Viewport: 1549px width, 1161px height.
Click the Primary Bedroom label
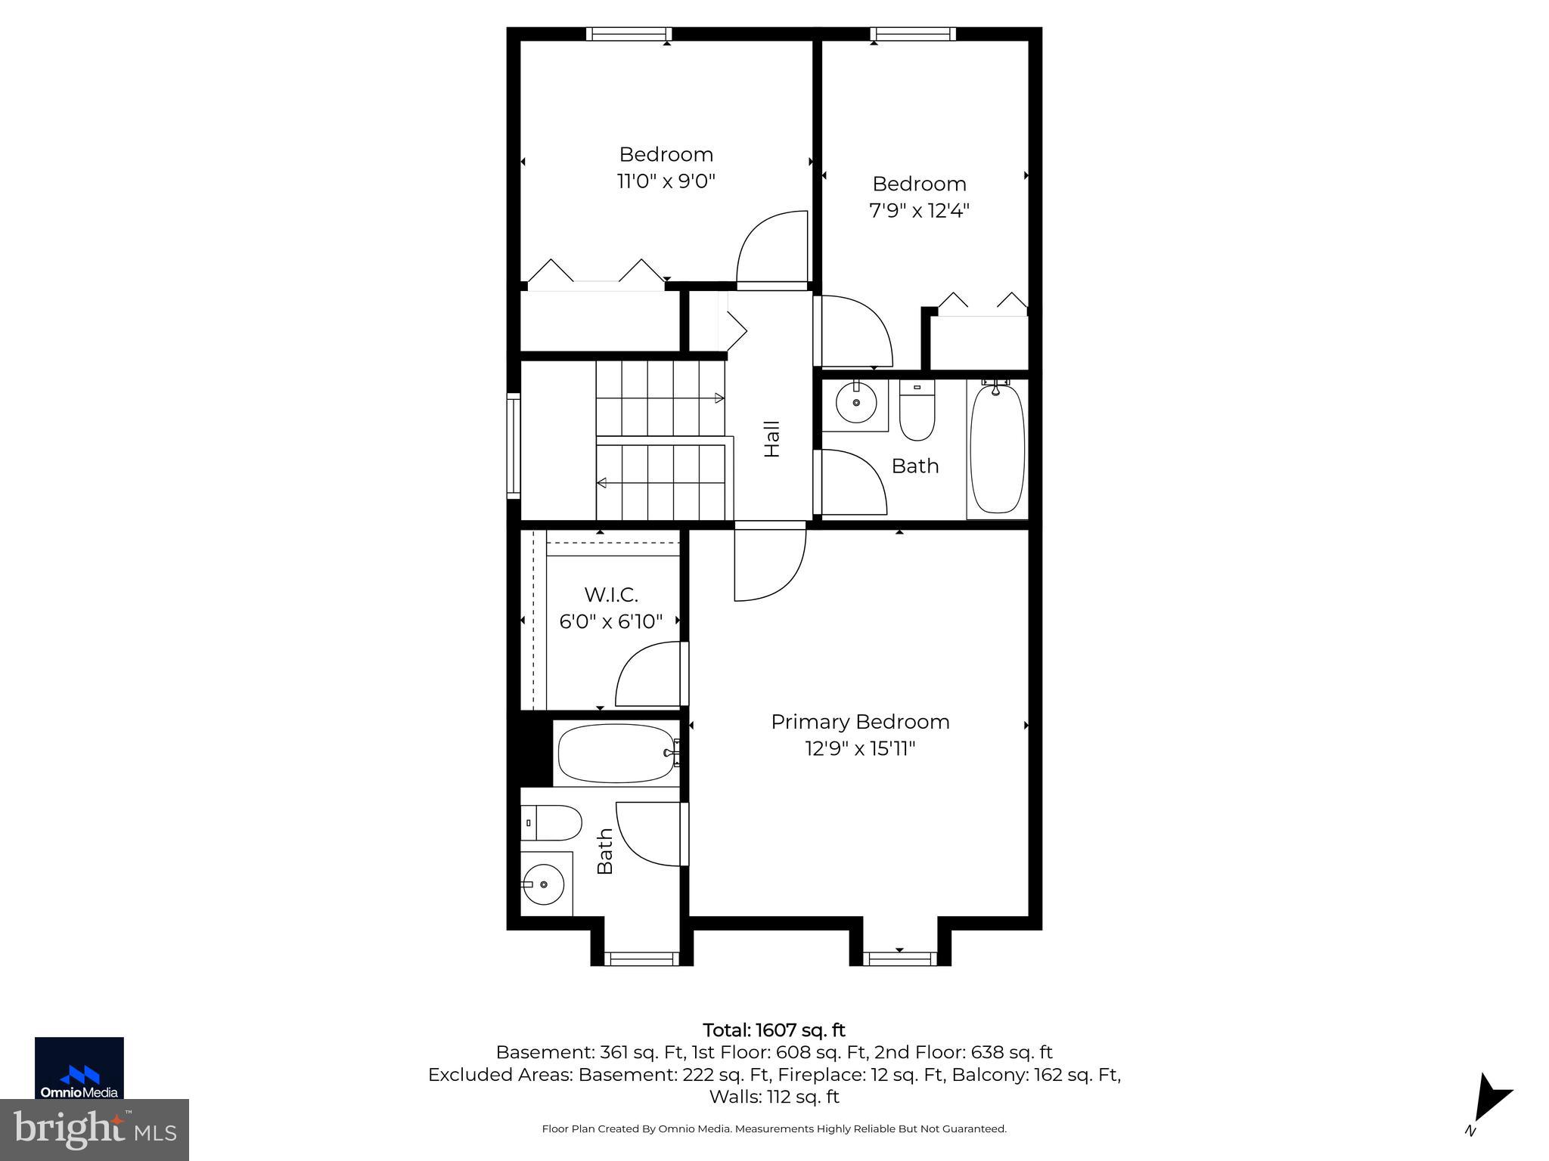[860, 722]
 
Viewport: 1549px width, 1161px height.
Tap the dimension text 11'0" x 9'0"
[666, 181]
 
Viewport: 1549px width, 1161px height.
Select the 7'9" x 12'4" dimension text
[919, 210]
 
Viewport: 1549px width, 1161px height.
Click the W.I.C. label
[610, 594]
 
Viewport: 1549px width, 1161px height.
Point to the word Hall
[771, 438]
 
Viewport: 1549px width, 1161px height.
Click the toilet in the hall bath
[917, 412]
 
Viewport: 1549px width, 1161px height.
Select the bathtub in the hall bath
[997, 450]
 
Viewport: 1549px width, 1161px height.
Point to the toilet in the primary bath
[552, 822]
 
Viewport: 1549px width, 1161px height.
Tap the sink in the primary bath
[543, 884]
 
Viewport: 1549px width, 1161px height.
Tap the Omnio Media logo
[79, 1068]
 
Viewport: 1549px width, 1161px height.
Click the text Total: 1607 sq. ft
[774, 1030]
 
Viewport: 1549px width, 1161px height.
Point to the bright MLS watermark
[94, 1129]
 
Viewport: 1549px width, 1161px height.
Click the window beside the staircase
[514, 446]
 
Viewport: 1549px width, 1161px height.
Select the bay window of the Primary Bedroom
[899, 958]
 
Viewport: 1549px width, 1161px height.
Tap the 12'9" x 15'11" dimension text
[860, 749]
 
